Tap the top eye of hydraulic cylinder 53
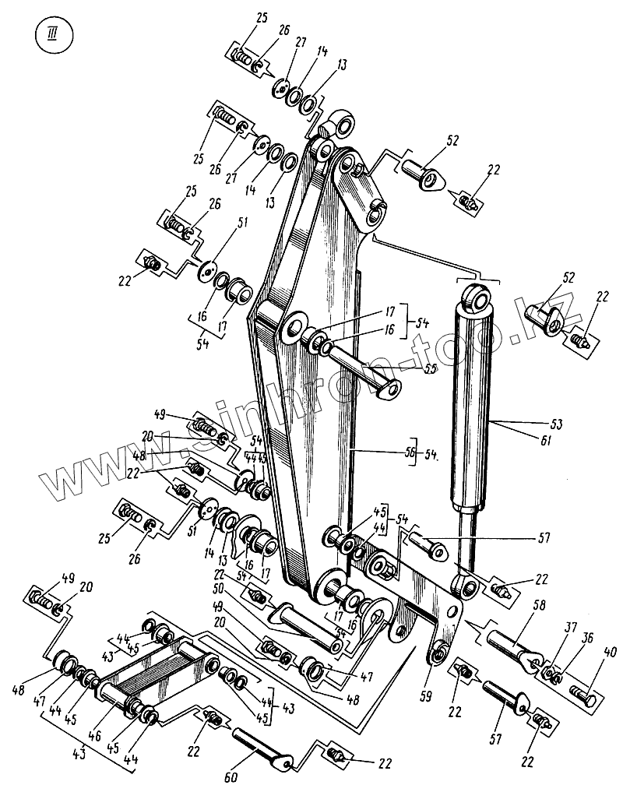pos(477,298)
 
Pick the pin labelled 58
pos(513,646)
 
